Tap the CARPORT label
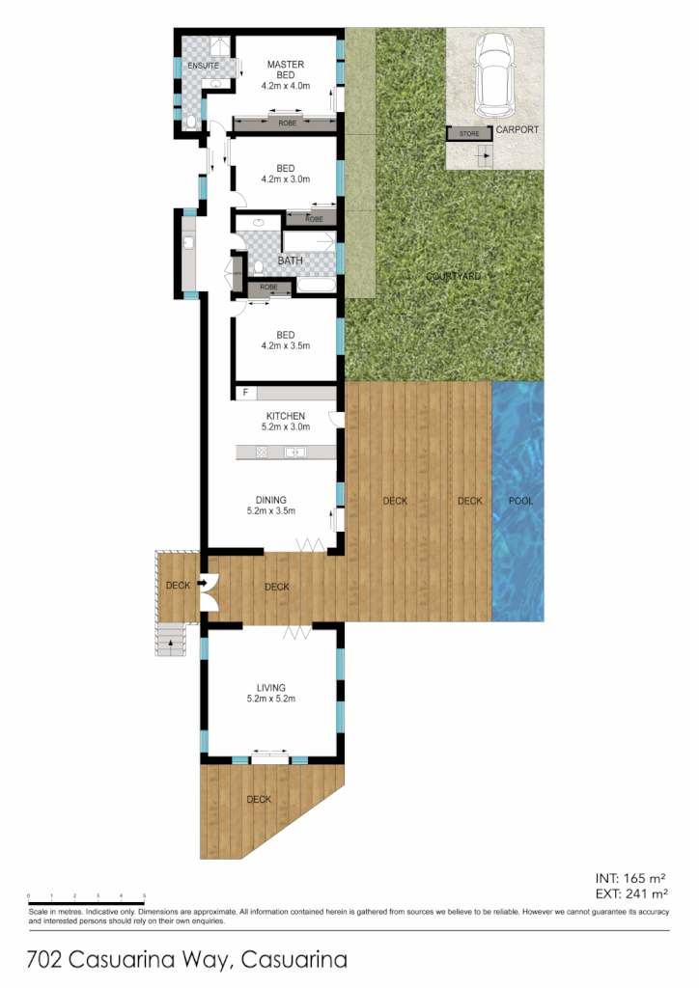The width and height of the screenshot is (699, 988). [517, 130]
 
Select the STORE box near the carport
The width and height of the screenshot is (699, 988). [468, 134]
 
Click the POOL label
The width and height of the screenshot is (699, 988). [520, 501]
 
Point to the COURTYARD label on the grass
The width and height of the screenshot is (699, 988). [454, 277]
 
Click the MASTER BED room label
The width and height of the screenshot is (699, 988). [285, 70]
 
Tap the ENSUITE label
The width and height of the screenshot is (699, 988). [203, 66]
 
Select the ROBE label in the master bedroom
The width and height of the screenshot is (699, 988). [287, 123]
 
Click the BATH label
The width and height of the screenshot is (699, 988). [291, 261]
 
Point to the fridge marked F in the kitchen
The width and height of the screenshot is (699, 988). [246, 393]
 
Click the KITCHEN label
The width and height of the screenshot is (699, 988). [285, 417]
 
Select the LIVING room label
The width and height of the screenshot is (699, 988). [270, 688]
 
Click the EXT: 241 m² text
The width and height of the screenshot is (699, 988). [629, 894]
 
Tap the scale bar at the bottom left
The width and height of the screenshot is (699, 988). [87, 898]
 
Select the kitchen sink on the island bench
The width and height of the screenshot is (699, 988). [295, 452]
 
